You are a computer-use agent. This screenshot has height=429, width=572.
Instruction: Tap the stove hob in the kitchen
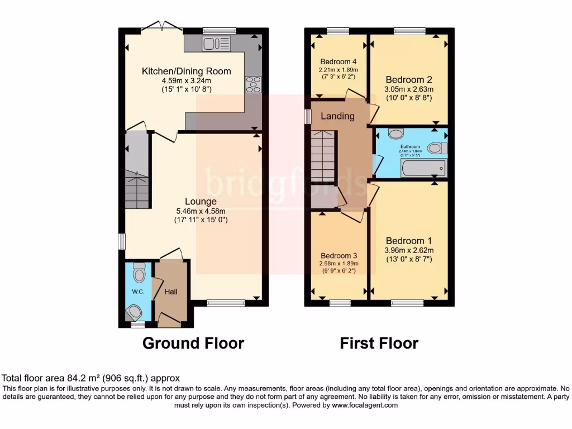coord(252,84)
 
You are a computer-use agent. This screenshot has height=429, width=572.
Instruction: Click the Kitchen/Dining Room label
coord(186,71)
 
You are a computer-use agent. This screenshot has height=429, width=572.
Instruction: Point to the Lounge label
coord(201,201)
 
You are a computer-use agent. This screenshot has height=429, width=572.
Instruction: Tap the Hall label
coord(170,292)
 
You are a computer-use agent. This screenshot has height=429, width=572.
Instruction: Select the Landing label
coord(337,116)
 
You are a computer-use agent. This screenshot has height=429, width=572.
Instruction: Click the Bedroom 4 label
coord(338,61)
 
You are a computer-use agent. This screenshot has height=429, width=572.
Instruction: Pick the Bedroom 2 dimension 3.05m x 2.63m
coord(409,89)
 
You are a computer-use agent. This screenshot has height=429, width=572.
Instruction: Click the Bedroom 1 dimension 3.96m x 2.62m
coord(409,250)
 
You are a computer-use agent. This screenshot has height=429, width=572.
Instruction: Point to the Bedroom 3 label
coord(339,254)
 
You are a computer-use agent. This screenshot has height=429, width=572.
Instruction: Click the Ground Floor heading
coord(193,343)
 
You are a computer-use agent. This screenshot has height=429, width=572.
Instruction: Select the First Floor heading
coord(379,343)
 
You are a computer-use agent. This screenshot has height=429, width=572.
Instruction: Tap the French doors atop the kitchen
coord(163,27)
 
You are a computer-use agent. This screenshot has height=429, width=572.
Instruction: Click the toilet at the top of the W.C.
coord(139,272)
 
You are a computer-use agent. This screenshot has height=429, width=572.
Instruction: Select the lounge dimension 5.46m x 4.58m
coord(201,211)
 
